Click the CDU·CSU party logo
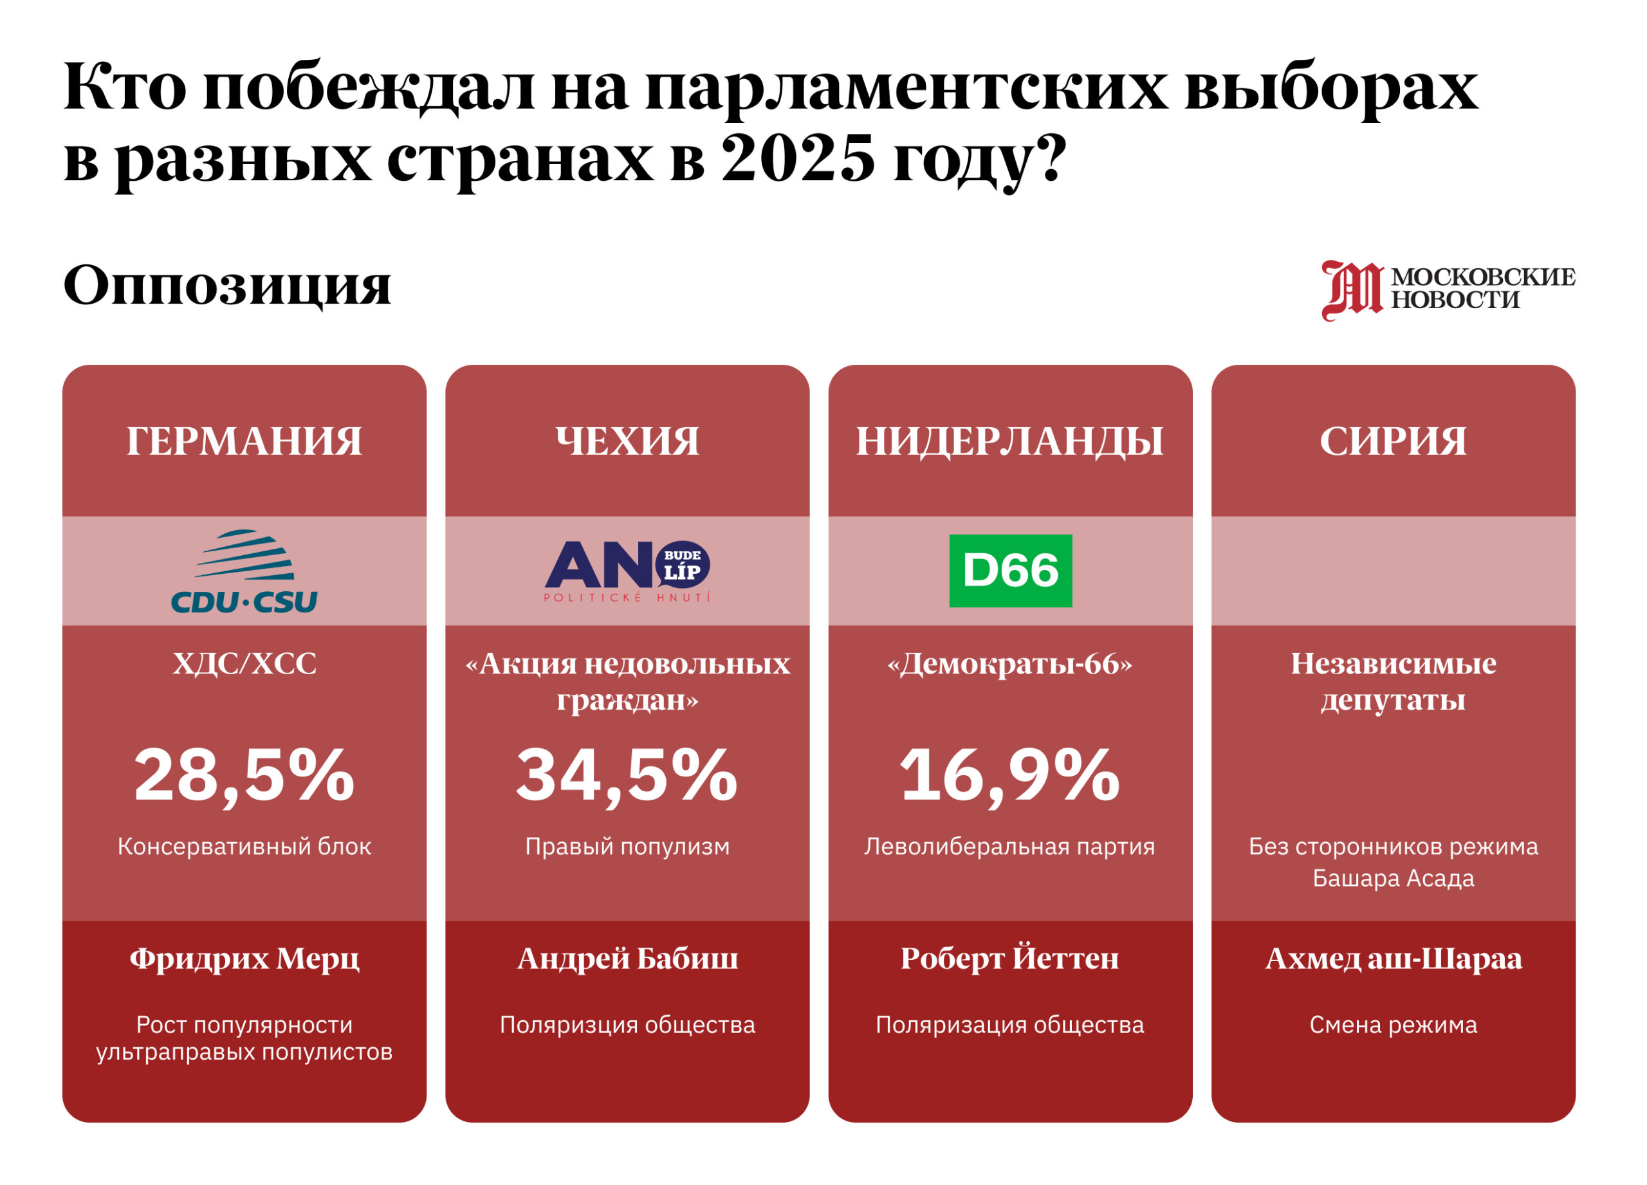pos(244,571)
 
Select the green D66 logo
pos(1010,571)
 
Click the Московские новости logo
pos(1448,289)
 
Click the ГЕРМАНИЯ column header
pos(244,441)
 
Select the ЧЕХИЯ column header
pos(627,441)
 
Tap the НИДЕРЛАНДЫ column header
pos(1009,441)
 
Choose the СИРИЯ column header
pos(1393,441)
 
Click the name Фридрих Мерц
pos(244,959)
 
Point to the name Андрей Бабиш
pos(627,959)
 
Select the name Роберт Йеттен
pos(1009,959)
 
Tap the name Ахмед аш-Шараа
pos(1393,959)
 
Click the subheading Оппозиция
pos(226,286)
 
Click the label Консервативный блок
pos(244,847)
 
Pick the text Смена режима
pos(1393,1025)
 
